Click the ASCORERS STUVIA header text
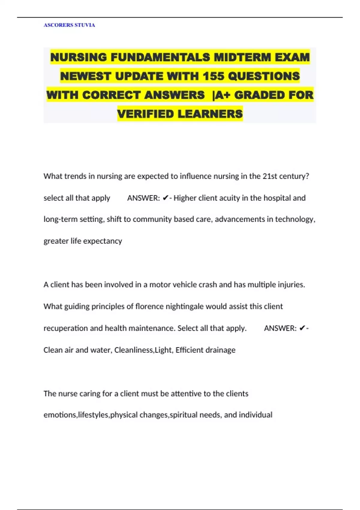pyautogui.click(x=69, y=25)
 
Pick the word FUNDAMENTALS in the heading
pyautogui.click(x=160, y=57)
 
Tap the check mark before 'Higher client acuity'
pyautogui.click(x=165, y=198)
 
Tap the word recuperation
pyautogui.click(x=65, y=328)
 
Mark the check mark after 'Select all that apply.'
pyautogui.click(x=302, y=328)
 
